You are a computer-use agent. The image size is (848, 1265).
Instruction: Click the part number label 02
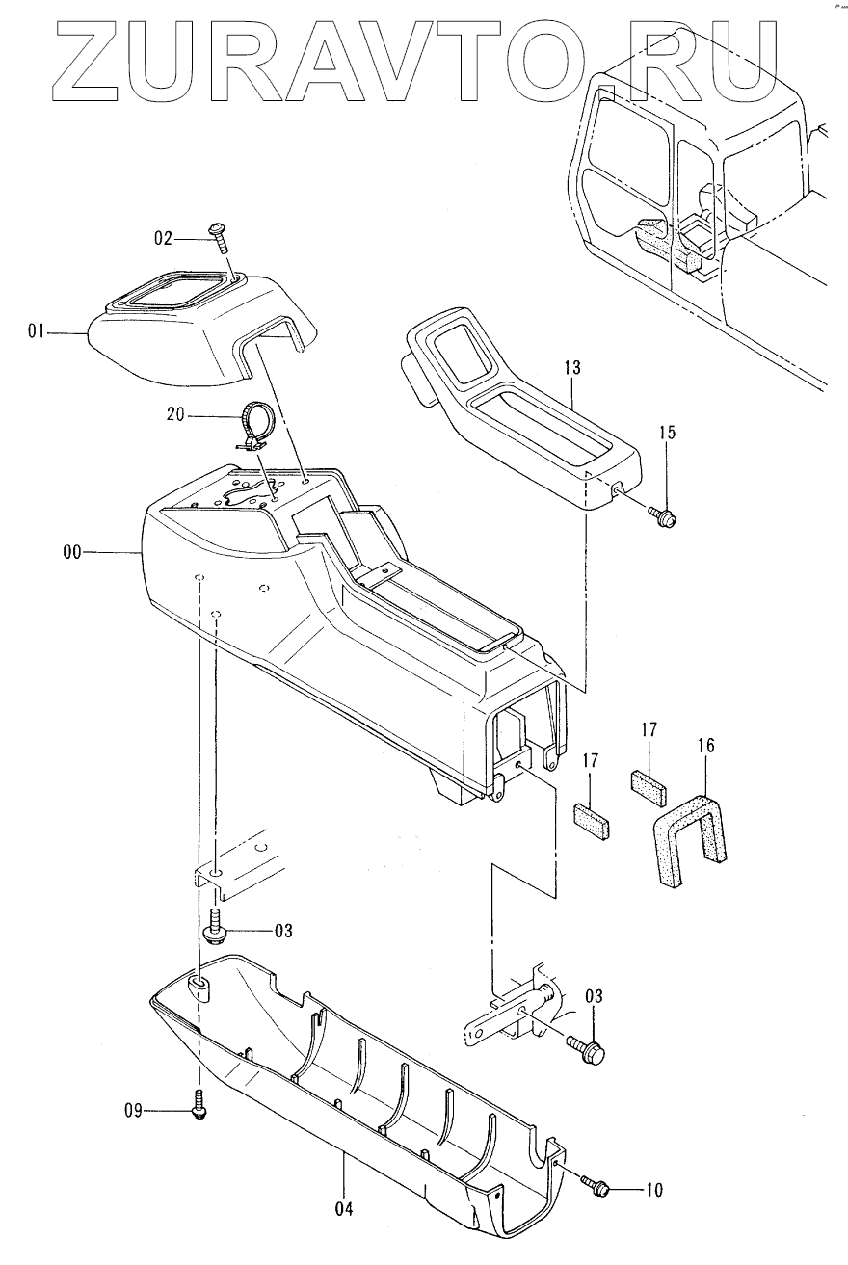tap(164, 236)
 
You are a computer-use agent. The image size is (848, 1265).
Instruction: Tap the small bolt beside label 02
tap(217, 236)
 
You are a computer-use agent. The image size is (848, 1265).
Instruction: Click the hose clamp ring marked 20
tap(255, 424)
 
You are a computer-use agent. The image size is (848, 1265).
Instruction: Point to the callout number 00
tap(69, 552)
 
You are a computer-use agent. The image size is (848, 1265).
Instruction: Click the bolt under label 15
tap(664, 515)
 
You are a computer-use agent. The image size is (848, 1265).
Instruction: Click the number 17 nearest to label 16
tap(647, 730)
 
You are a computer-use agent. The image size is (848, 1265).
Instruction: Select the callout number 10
tap(652, 1191)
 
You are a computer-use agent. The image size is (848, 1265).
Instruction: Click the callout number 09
tap(133, 1111)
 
